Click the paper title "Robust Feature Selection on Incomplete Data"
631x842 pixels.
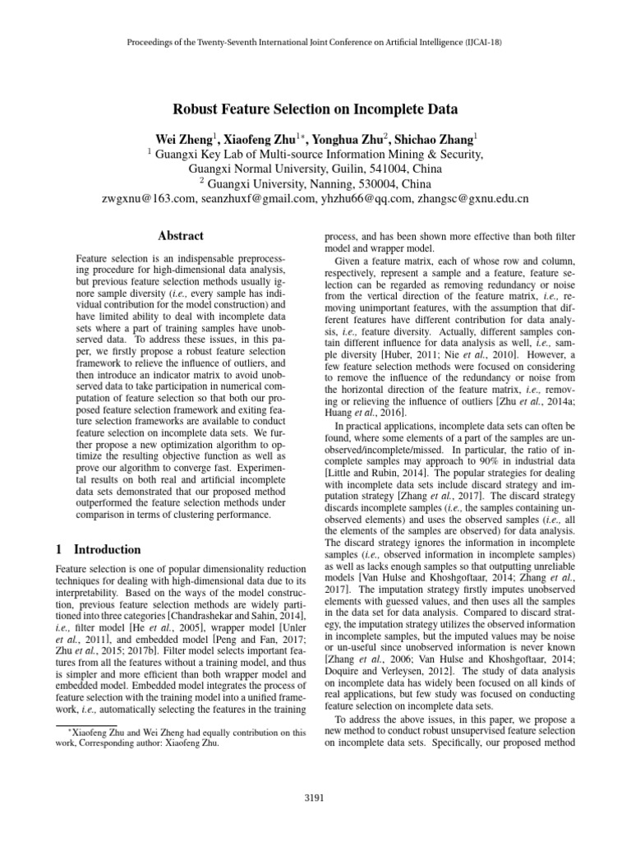[x=315, y=109]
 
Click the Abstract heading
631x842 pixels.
[x=181, y=235]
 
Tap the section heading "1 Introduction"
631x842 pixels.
[x=98, y=549]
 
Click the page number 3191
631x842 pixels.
[x=315, y=798]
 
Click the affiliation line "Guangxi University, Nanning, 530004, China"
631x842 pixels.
[x=315, y=183]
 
